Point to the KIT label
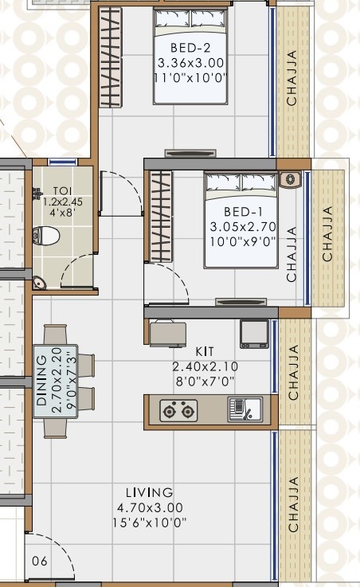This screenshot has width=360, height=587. coord(205,351)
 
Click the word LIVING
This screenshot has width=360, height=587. coord(150,493)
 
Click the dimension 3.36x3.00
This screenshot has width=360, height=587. coord(191,63)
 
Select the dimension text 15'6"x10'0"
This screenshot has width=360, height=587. coord(150,522)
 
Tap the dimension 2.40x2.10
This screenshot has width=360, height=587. coord(205,366)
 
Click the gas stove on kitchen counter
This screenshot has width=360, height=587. coord(178,411)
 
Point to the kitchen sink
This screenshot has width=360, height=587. coord(243,409)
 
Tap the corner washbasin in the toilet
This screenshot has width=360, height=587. coord(39,283)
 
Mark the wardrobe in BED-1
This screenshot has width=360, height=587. coord(161,217)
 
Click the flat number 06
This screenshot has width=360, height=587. coord(39,562)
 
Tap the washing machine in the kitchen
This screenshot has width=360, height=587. coord(255,333)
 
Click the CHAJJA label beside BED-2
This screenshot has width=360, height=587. coord(292,80)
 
